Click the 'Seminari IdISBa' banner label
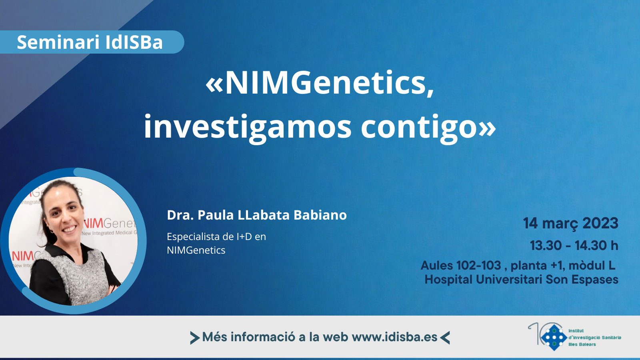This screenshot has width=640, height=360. [x=90, y=42]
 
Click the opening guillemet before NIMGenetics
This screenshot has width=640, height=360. [x=214, y=86]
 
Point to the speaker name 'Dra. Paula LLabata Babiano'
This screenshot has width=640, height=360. [x=256, y=215]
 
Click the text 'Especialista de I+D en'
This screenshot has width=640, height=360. [x=216, y=236]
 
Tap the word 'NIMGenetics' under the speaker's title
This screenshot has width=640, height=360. [x=196, y=250]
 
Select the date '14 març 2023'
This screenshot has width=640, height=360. [x=570, y=224]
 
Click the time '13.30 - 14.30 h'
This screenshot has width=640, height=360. [x=574, y=246]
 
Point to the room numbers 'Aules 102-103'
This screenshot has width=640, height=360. [x=460, y=266]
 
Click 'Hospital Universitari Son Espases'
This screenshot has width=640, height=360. [x=522, y=280]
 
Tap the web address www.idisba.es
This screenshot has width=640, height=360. [x=394, y=337]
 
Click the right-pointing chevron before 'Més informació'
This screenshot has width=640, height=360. [x=195, y=338]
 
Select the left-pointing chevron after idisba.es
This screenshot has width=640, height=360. [x=445, y=338]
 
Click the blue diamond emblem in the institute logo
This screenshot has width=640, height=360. [x=554, y=338]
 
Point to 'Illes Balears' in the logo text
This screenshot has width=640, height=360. [x=582, y=344]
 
